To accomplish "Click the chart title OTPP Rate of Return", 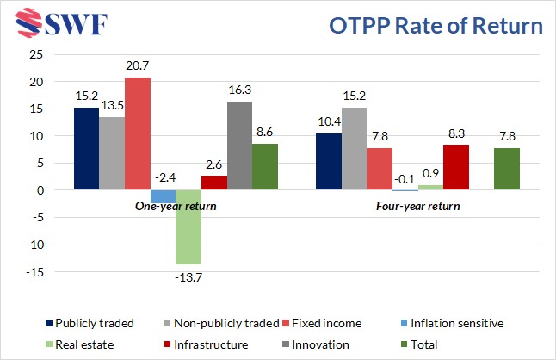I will (x=437, y=27).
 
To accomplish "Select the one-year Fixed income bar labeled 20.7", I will (x=138, y=133).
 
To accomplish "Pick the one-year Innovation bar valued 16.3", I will (x=239, y=146).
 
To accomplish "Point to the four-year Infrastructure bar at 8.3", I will (x=455, y=167).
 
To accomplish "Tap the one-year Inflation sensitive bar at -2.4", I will (x=164, y=196).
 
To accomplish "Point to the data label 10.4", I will (x=328, y=120).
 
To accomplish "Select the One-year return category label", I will (x=176, y=207).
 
